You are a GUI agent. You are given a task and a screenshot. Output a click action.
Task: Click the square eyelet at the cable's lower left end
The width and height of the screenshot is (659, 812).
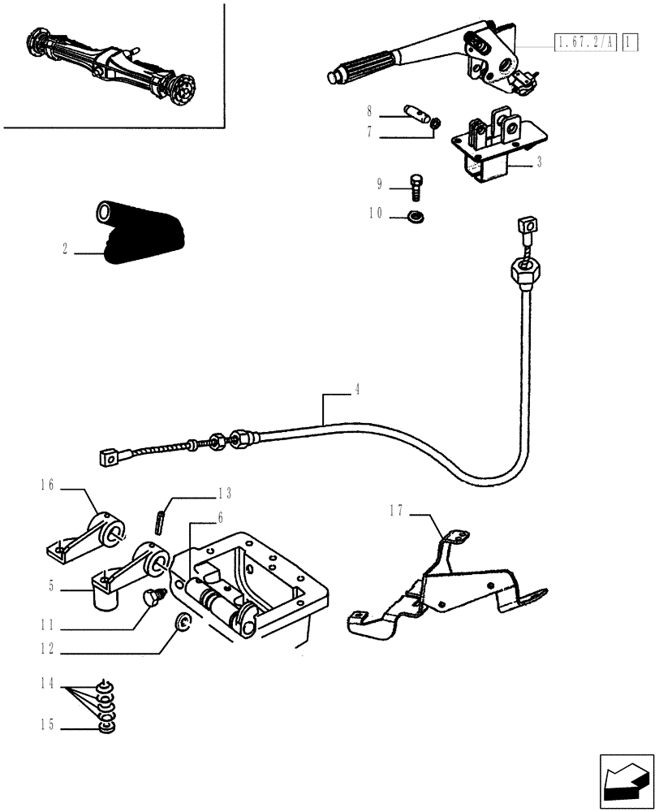[108, 459]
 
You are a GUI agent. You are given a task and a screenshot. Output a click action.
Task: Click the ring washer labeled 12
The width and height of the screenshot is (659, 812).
[183, 624]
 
